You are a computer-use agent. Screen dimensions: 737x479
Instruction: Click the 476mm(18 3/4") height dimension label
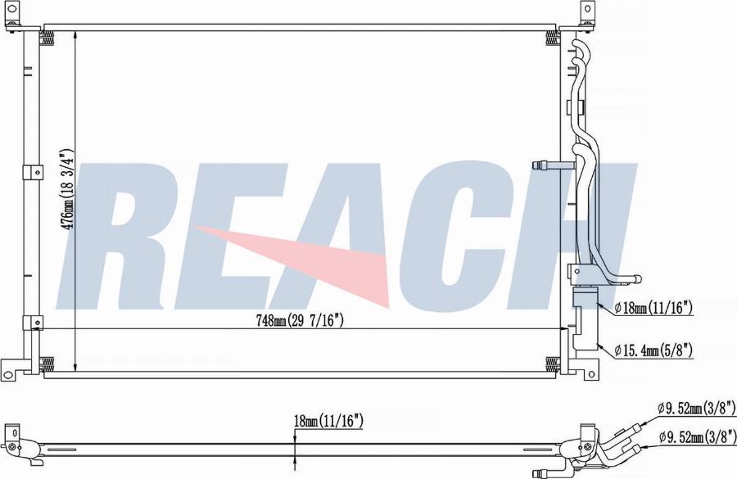68,189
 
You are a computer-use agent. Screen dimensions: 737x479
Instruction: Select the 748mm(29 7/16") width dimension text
300,320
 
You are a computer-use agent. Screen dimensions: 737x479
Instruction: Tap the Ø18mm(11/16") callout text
653,309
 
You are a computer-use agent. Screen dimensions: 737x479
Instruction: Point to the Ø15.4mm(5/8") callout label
653,350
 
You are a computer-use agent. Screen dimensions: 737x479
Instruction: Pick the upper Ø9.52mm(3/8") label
697,407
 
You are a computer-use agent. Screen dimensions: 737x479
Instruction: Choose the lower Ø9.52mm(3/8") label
698,437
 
